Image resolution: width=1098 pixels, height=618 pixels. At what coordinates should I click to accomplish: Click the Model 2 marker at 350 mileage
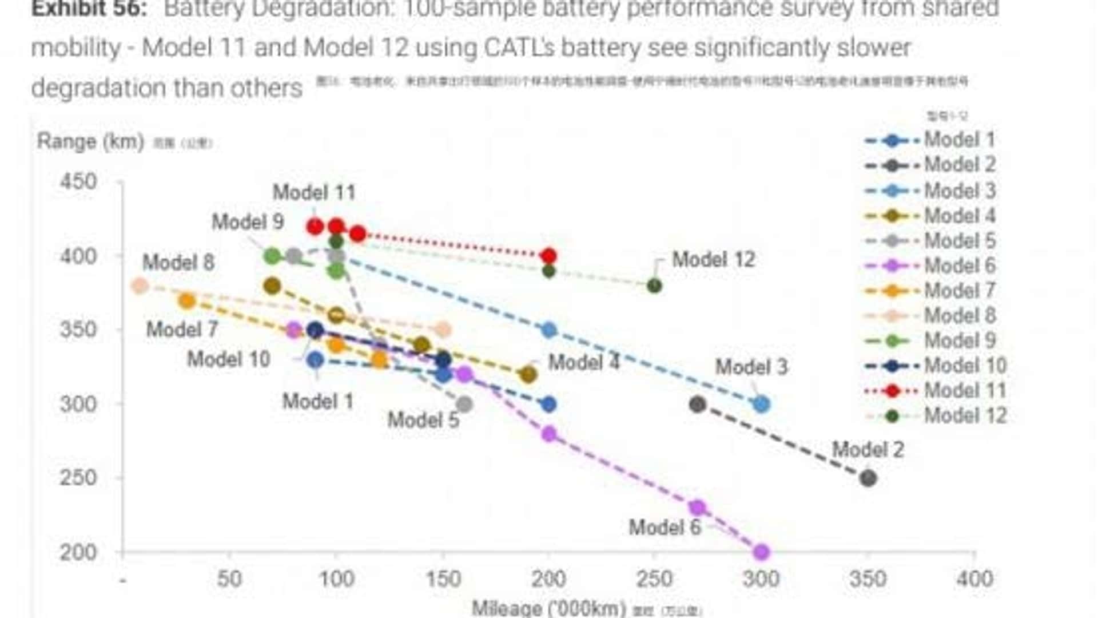[868, 478]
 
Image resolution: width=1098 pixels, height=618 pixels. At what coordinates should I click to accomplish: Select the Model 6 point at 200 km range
[761, 552]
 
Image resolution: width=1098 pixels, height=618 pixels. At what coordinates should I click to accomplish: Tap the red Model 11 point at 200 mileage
[548, 256]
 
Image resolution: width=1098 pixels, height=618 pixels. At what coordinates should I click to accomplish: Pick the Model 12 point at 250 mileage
[654, 286]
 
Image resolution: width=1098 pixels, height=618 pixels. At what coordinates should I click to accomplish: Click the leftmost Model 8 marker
[140, 286]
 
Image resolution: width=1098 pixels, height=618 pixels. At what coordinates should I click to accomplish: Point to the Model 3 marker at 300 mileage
[761, 404]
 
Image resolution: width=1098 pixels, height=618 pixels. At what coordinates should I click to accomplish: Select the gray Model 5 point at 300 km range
[464, 405]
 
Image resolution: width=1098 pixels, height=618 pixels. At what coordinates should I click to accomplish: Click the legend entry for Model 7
[959, 290]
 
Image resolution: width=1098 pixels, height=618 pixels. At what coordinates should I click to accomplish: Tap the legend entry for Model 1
[958, 140]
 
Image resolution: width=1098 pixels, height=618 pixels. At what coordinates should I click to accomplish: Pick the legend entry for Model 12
[965, 415]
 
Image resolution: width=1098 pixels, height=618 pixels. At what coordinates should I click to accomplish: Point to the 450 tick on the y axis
[78, 182]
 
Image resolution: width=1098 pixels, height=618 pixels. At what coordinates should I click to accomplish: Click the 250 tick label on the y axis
[78, 478]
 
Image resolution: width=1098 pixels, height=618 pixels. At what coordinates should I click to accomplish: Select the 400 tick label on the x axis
[974, 579]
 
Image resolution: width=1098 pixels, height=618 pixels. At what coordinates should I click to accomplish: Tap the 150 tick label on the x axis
[443, 579]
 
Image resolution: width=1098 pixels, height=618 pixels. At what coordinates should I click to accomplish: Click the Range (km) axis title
[90, 141]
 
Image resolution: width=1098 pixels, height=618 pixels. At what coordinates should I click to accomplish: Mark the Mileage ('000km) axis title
[548, 608]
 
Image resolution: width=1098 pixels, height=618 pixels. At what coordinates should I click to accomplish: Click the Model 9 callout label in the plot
[248, 222]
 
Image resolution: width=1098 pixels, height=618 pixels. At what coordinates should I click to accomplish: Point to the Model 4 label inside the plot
[583, 362]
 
